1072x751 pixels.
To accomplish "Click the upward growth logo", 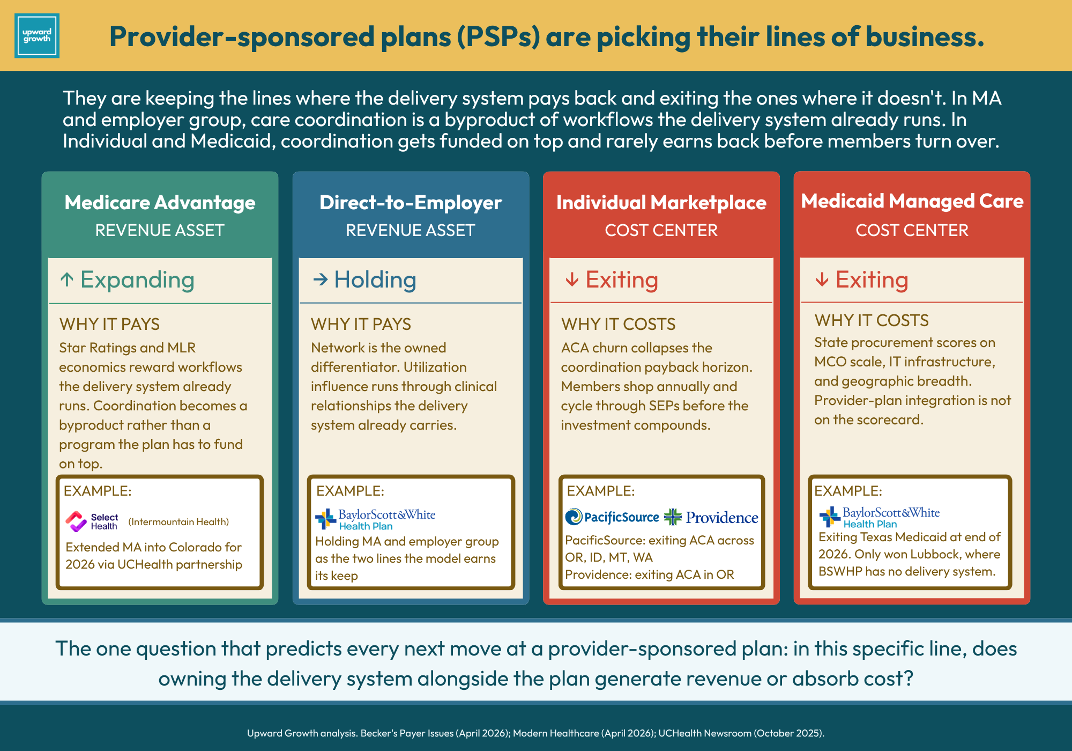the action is coord(37,36).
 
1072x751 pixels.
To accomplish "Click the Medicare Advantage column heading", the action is coord(160,203).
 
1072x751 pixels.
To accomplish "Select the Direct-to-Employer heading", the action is coord(411,203).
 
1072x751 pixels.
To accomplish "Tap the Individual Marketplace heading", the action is coord(661,203).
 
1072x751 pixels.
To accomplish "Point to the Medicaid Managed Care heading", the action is coord(912,201).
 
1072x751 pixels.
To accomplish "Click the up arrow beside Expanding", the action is coord(67,279).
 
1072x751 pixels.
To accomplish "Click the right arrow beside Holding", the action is coord(321,279).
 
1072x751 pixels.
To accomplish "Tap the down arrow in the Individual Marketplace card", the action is coord(572,279).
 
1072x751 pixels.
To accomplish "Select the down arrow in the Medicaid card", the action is coord(822,279).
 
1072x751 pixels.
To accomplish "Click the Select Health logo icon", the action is coord(76,521).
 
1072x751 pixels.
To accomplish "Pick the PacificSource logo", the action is coord(612,517).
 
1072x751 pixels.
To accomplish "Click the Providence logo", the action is coord(711,517).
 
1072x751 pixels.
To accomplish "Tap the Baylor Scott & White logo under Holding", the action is coord(375,519).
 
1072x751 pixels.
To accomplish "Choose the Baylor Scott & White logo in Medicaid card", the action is coord(880,517).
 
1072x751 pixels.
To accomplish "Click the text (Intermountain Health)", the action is coord(178,522).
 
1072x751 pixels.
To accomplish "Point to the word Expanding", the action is coord(137,280).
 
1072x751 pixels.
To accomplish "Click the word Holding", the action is coord(375,280).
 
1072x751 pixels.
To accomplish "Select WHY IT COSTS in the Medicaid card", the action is coord(872,320).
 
